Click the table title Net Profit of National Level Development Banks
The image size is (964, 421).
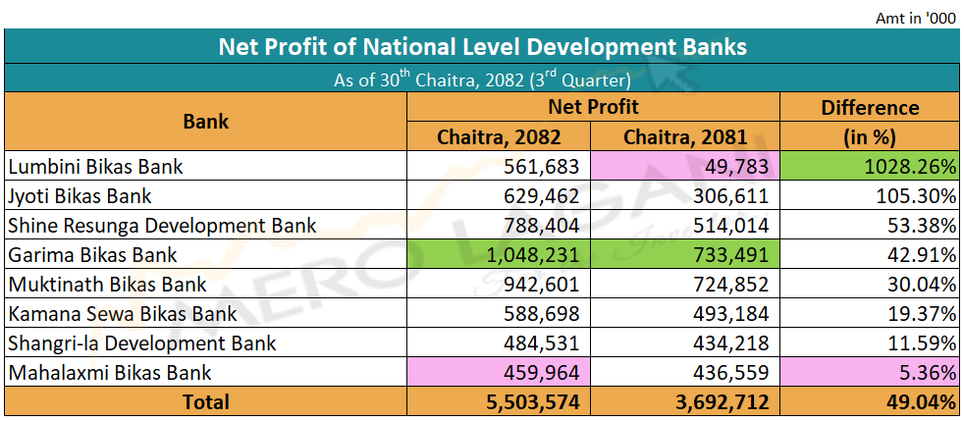[482, 46]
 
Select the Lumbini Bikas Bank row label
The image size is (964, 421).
[95, 166]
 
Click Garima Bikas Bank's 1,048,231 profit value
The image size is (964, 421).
[534, 255]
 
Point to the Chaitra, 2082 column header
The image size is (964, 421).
[500, 136]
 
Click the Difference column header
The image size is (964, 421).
[870, 108]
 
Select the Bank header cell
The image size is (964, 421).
[206, 122]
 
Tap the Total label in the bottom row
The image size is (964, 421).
[206, 401]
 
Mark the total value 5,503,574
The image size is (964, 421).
[534, 401]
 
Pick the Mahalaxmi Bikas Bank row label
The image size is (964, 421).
[110, 373]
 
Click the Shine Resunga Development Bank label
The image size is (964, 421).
[162, 226]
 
